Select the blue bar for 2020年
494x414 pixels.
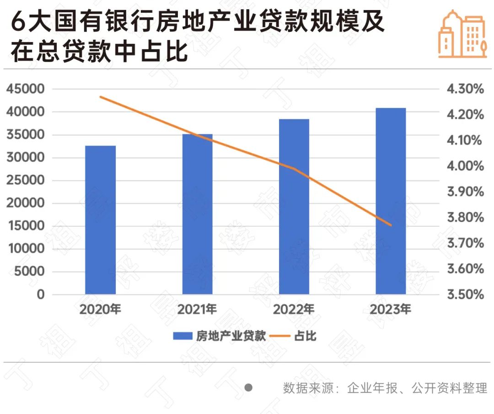point(100,220)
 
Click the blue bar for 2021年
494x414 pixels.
point(197,214)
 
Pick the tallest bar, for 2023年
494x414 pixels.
point(391,201)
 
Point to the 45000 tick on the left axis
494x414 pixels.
point(26,89)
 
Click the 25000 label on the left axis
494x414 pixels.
point(26,180)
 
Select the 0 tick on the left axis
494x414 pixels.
point(41,294)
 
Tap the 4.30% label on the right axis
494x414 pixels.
point(465,89)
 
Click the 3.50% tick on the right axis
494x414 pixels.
point(465,294)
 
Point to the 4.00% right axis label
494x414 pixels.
point(465,166)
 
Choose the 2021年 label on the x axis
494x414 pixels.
point(197,309)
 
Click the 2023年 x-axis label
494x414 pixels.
point(391,309)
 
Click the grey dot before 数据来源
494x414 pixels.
point(248,388)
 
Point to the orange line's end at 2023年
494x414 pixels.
point(391,225)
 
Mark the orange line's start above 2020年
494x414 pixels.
point(101,97)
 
